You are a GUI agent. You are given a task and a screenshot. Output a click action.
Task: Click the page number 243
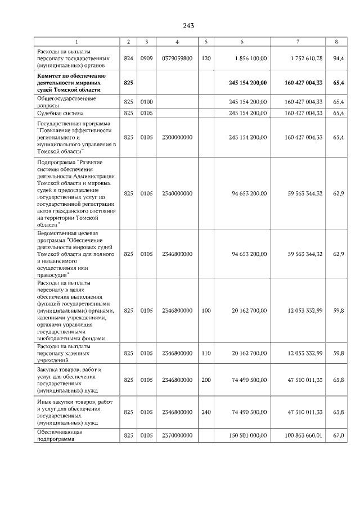click(188, 26)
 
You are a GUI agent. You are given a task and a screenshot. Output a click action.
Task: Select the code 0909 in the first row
click(146, 58)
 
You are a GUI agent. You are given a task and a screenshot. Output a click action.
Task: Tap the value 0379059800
click(177, 58)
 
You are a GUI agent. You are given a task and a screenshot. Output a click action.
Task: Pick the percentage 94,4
click(339, 58)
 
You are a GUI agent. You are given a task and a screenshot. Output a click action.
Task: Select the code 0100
click(146, 102)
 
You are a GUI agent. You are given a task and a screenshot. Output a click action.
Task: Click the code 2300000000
click(177, 137)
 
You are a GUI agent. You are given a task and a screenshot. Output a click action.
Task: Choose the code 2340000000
click(177, 193)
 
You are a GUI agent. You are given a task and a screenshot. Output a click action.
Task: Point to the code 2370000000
click(177, 436)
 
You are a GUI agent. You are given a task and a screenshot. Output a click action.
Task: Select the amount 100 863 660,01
click(300, 436)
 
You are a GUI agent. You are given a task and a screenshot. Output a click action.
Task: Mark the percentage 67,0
click(339, 436)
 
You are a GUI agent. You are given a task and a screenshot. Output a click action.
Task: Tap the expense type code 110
click(206, 353)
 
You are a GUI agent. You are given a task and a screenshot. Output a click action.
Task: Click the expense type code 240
click(206, 412)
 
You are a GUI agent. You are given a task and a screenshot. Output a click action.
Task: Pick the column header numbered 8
click(336, 41)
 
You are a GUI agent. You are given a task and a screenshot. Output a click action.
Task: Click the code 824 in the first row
click(129, 58)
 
